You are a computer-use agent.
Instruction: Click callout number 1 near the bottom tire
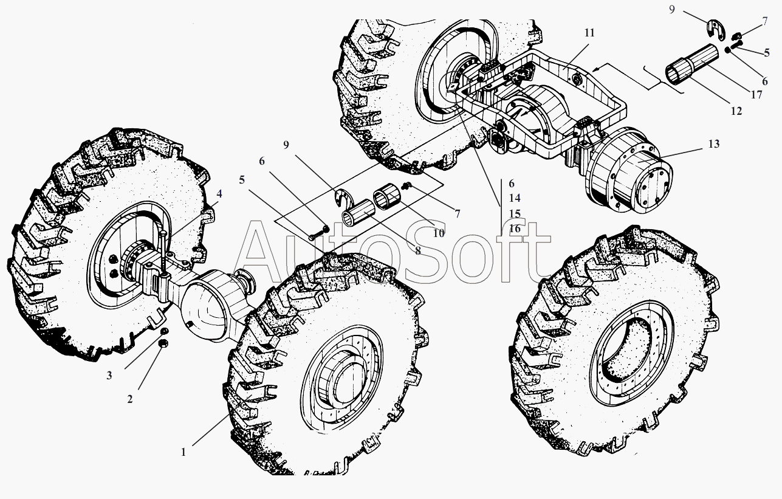click(x=183, y=452)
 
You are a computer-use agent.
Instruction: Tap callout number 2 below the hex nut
click(x=130, y=399)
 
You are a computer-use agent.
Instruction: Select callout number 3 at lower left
click(x=109, y=376)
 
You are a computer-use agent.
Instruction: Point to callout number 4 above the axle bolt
click(x=219, y=194)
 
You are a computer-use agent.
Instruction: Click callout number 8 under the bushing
click(x=417, y=250)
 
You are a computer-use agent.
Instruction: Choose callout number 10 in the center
click(x=439, y=233)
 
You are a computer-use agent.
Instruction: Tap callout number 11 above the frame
click(x=589, y=33)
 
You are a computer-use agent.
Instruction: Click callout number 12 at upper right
click(x=736, y=111)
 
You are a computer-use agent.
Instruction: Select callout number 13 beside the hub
click(x=714, y=144)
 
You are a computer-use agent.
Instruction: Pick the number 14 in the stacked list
click(x=515, y=198)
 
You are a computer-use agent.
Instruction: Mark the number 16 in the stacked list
click(x=515, y=229)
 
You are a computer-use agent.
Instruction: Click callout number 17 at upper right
click(x=756, y=95)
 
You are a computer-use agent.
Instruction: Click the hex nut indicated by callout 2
click(x=163, y=343)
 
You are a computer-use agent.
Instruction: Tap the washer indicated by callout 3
click(x=165, y=331)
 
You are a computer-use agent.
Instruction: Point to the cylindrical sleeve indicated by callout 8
click(x=358, y=211)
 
